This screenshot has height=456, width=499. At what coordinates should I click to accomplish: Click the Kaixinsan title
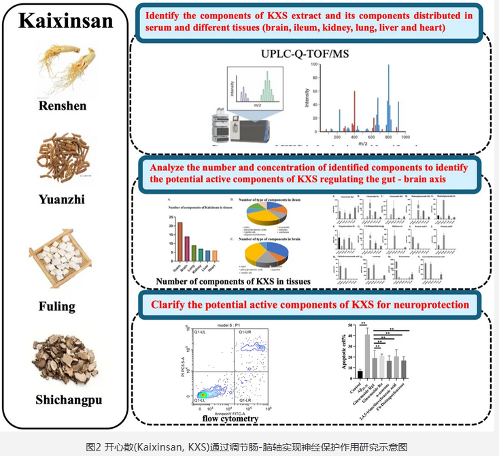pos(65,20)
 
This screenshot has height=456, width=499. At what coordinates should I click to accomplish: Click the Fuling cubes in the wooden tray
pos(65,258)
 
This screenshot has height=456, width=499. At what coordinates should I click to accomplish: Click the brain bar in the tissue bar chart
pos(179,241)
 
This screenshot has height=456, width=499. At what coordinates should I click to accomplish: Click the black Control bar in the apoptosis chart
pos(360,373)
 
